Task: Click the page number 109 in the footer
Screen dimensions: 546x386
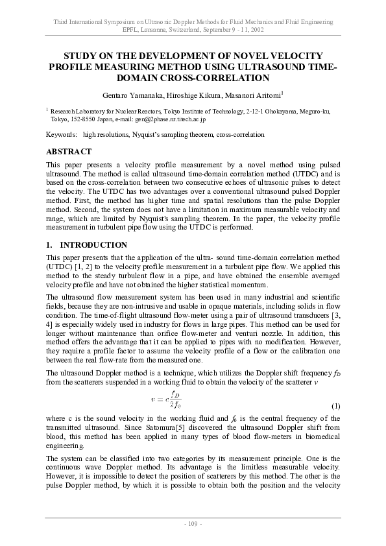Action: coord(193,523)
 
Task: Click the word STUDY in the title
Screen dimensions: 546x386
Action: coord(80,56)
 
